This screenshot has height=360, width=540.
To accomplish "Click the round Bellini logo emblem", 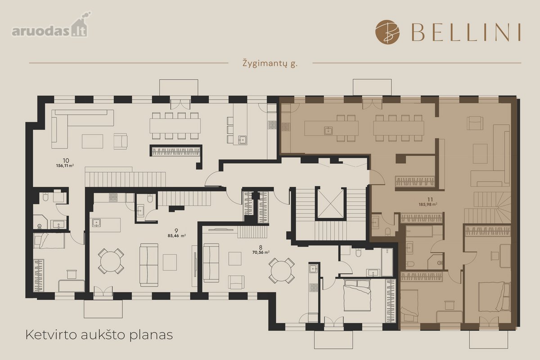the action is point(387,32).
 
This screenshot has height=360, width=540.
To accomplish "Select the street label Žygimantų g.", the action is point(270,63).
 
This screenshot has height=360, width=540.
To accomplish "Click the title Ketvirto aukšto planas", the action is point(99,335).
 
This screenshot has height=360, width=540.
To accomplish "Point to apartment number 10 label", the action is point(66,160).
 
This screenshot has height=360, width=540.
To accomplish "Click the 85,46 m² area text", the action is point(177,236).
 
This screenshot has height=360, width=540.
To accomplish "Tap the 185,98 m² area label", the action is point(428,204).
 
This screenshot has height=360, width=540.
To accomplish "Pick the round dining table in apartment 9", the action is point(111,261).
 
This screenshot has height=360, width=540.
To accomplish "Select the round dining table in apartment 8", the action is point(281,270).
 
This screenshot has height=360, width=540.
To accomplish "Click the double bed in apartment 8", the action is point(357,295).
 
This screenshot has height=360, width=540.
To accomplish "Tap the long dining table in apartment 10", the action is point(175,126).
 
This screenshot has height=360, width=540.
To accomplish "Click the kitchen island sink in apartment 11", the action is point(328,130).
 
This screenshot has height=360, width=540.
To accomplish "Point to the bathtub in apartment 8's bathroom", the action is point(387,262).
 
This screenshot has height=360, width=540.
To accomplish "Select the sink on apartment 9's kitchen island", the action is point(96,223).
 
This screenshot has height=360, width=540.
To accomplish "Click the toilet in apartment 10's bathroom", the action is point(45,197).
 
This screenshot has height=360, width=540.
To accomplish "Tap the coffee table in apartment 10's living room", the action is point(92,141).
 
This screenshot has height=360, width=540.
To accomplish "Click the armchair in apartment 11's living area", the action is point(475,123).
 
